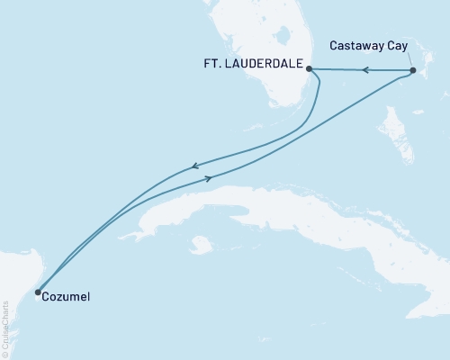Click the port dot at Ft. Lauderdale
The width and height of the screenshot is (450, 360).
[308, 68]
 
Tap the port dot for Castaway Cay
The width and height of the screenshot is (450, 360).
[412, 70]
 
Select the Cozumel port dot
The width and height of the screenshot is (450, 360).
[38, 292]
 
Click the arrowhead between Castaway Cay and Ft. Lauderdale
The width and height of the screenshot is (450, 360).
[364, 69]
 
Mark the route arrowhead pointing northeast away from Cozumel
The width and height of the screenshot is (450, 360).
[209, 178]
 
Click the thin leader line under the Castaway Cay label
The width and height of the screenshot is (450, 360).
[406, 59]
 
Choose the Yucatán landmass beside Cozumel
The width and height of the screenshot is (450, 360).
[13, 270]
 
